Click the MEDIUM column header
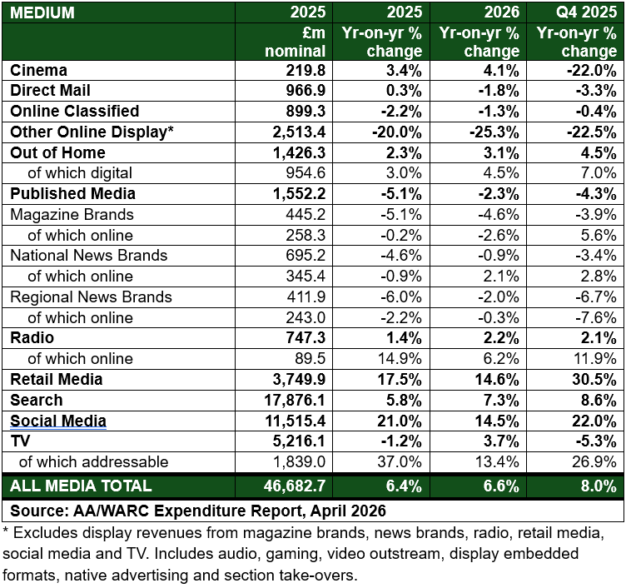tap(42, 13)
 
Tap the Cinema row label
tap(38, 71)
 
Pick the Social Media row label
tap(57, 421)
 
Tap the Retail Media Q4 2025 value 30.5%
tap(595, 380)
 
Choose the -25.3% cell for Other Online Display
tap(496, 132)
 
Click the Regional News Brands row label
tap(91, 297)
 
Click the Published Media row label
tap(72, 194)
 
